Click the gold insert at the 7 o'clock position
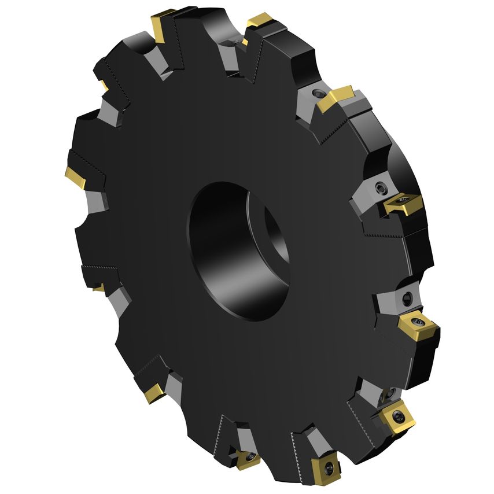[x=154, y=393]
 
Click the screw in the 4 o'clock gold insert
[x=418, y=321]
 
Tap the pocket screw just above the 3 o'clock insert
[x=381, y=187]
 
